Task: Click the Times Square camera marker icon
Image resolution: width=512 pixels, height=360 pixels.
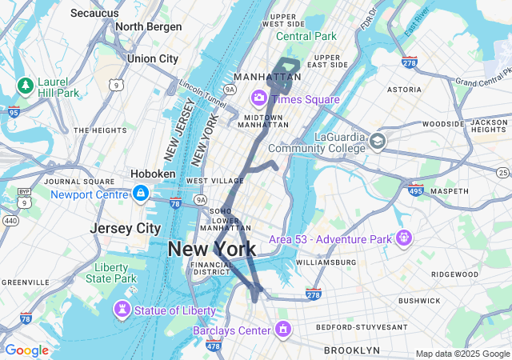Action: (259, 98)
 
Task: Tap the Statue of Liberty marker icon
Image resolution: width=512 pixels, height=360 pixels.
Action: (122, 309)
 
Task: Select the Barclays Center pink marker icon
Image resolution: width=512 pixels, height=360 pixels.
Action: (282, 329)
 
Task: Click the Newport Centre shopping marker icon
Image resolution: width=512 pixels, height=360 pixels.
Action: (141, 193)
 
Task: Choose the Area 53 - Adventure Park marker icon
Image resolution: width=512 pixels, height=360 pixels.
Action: (404, 238)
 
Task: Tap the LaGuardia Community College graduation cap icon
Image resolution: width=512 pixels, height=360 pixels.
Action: (378, 142)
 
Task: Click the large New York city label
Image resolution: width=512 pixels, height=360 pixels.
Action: (212, 249)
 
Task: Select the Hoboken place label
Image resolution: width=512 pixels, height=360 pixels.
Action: (153, 174)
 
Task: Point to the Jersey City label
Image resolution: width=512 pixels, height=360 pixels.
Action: (125, 227)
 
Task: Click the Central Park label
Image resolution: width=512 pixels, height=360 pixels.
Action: (306, 36)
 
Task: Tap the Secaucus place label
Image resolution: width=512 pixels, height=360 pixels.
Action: (95, 13)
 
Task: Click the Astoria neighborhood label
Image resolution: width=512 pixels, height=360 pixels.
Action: (404, 90)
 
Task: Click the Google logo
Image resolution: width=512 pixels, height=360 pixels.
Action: (26, 350)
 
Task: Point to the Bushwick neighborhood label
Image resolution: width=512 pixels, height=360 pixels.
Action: (420, 301)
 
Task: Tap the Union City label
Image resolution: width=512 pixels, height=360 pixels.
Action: (153, 58)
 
